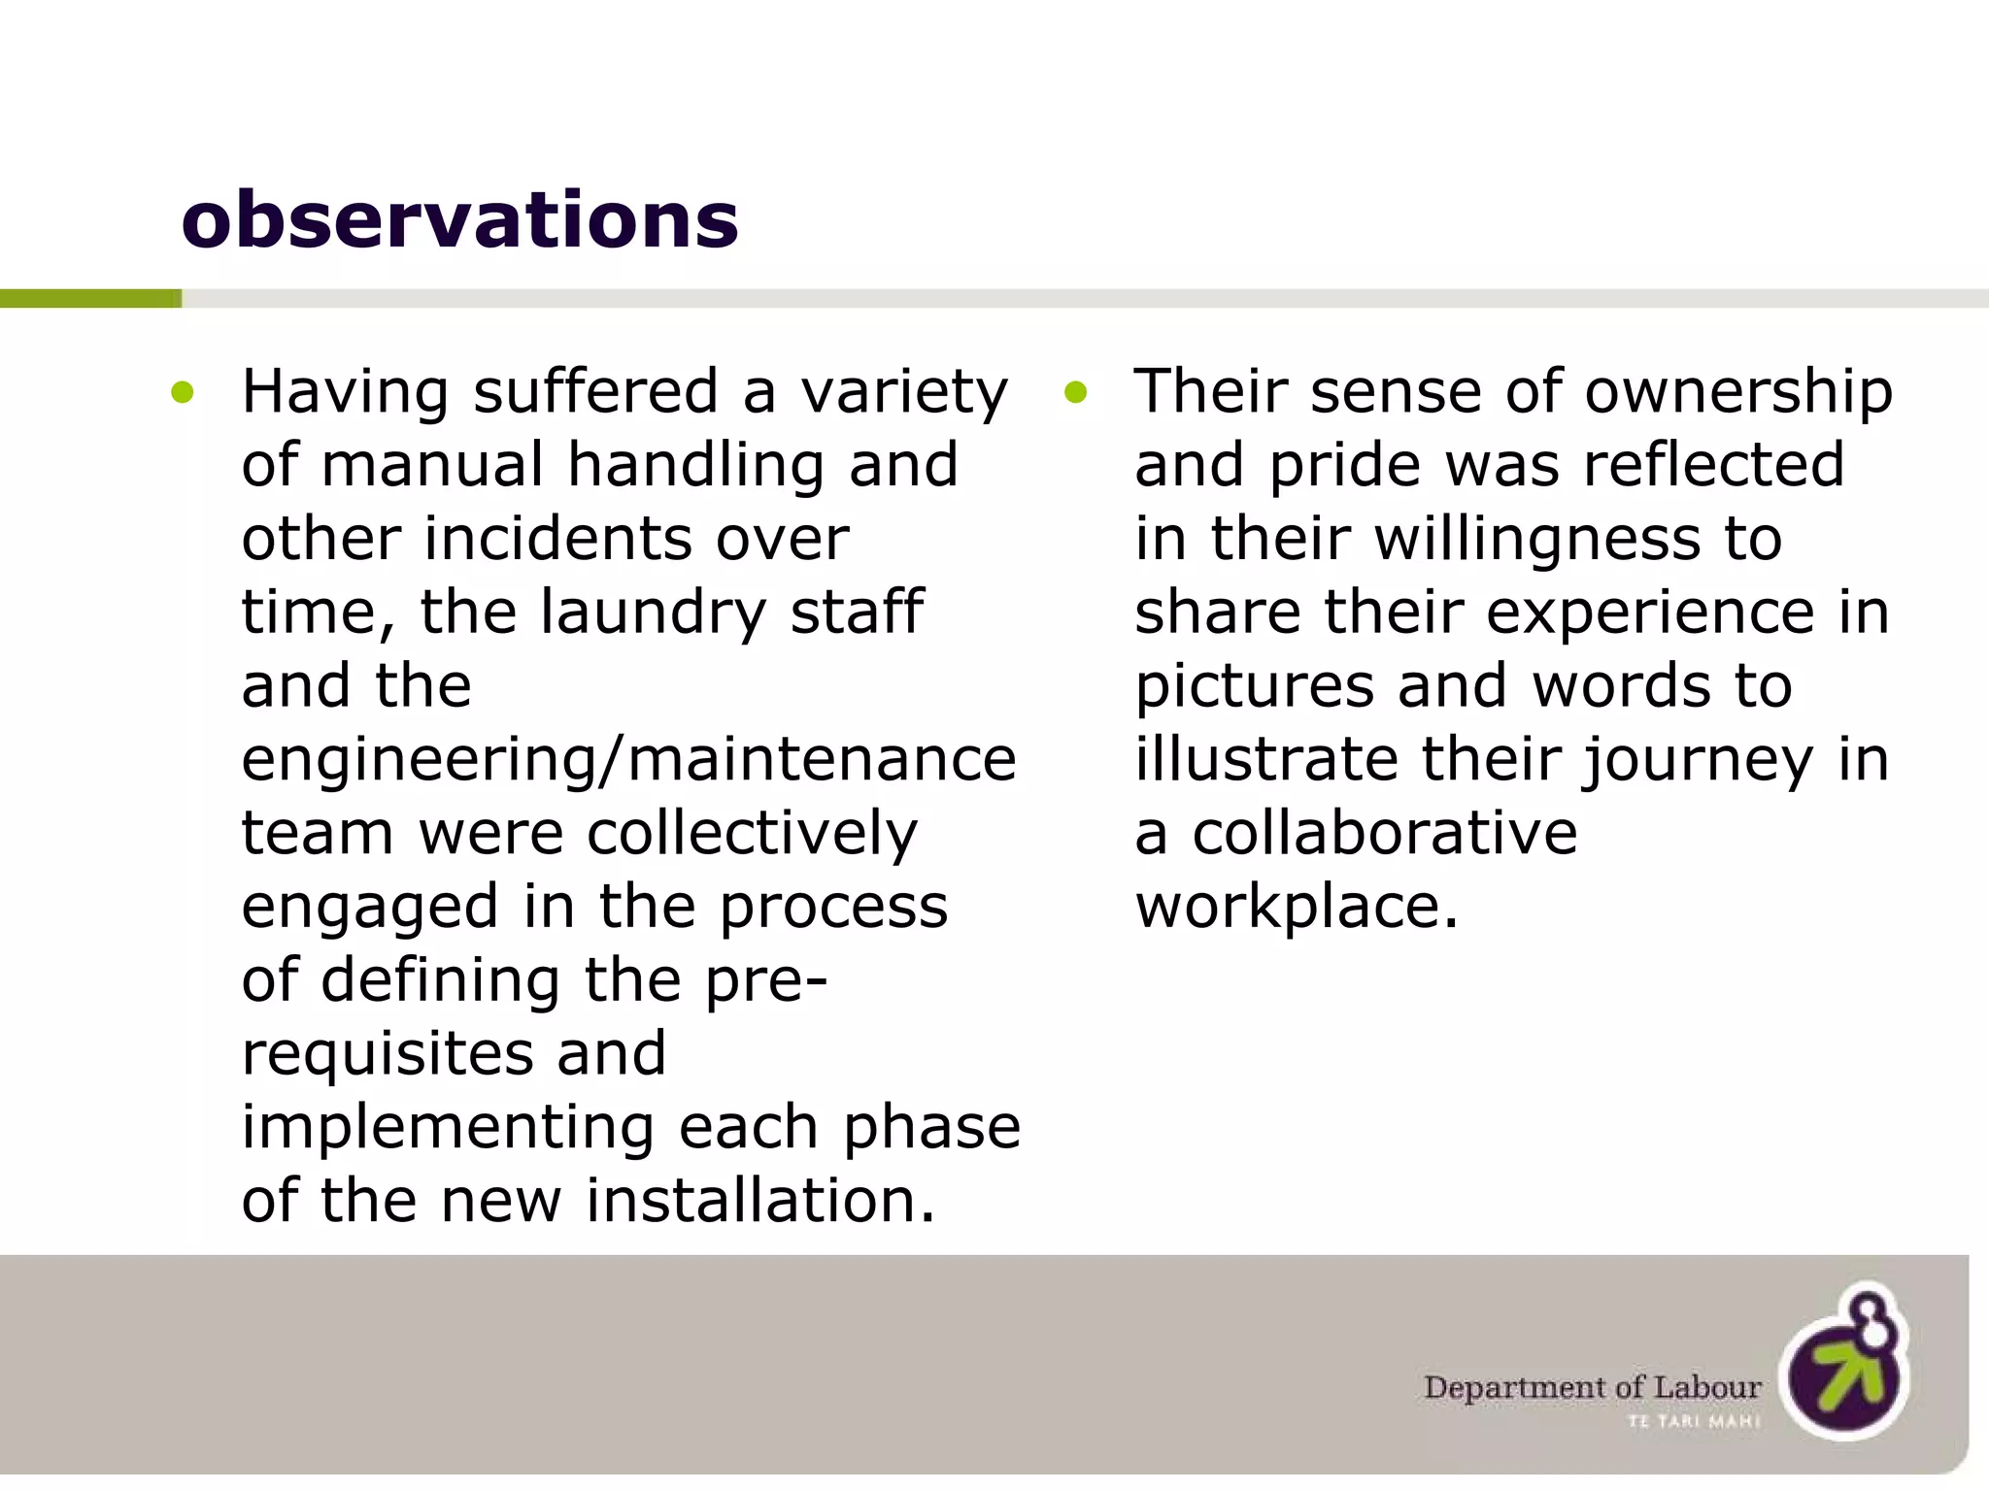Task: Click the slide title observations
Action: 459,219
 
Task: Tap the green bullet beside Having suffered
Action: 182,393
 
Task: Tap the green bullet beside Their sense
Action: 1074,393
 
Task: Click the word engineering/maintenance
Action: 628,760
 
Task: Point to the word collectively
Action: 752,834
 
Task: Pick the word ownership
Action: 1738,393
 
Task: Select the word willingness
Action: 1537,540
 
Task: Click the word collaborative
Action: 1385,834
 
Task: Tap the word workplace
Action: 1297,907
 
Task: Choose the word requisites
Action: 387,1054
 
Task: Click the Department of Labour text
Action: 1593,1387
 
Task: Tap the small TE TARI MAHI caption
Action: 1694,1421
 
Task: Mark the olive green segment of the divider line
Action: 90,298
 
